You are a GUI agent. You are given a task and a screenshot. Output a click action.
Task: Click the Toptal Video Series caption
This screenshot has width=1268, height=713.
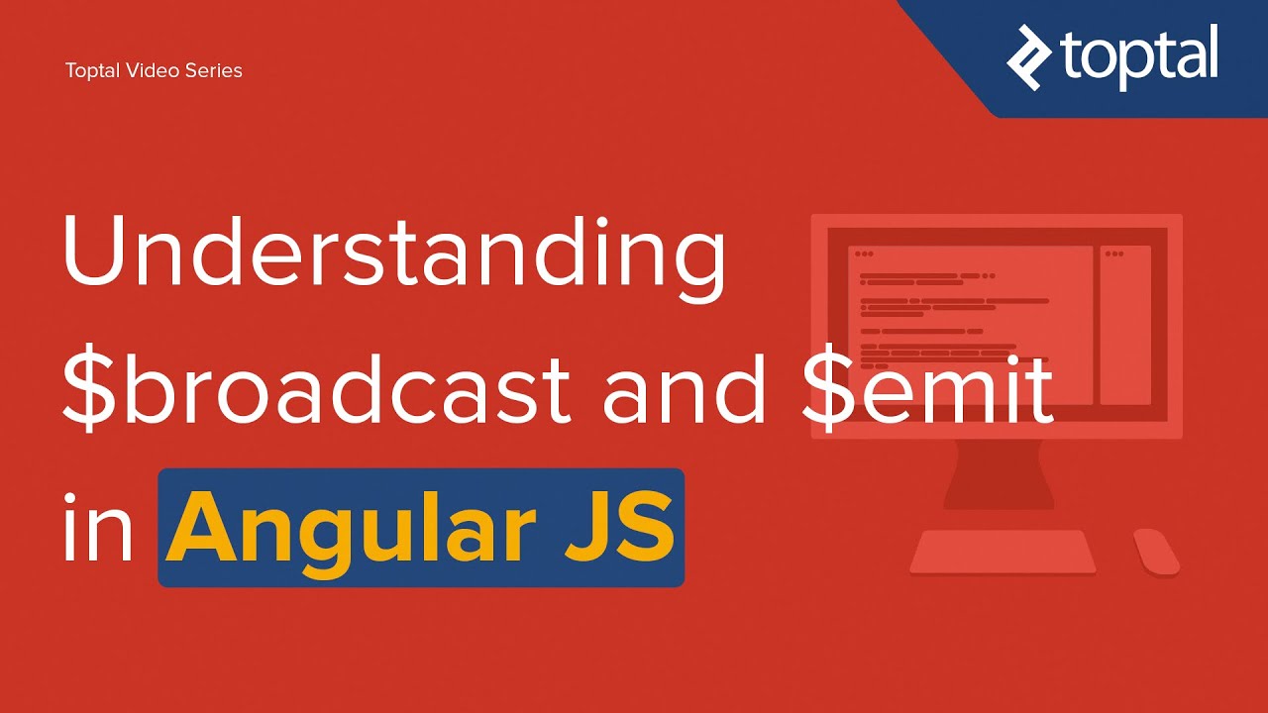(x=154, y=70)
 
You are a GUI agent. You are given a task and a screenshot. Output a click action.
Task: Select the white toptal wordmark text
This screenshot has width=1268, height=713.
(x=1139, y=55)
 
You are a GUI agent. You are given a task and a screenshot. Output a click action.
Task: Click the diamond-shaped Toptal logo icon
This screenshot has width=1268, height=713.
(x=1028, y=57)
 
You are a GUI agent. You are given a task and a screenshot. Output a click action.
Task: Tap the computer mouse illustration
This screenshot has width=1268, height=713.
(x=1155, y=552)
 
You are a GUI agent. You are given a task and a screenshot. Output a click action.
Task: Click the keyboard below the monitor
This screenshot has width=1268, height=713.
(x=1003, y=552)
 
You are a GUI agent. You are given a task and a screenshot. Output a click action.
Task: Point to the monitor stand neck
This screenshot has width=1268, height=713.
(x=998, y=472)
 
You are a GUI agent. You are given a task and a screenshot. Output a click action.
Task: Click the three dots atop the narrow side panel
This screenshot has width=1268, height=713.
(x=1114, y=254)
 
